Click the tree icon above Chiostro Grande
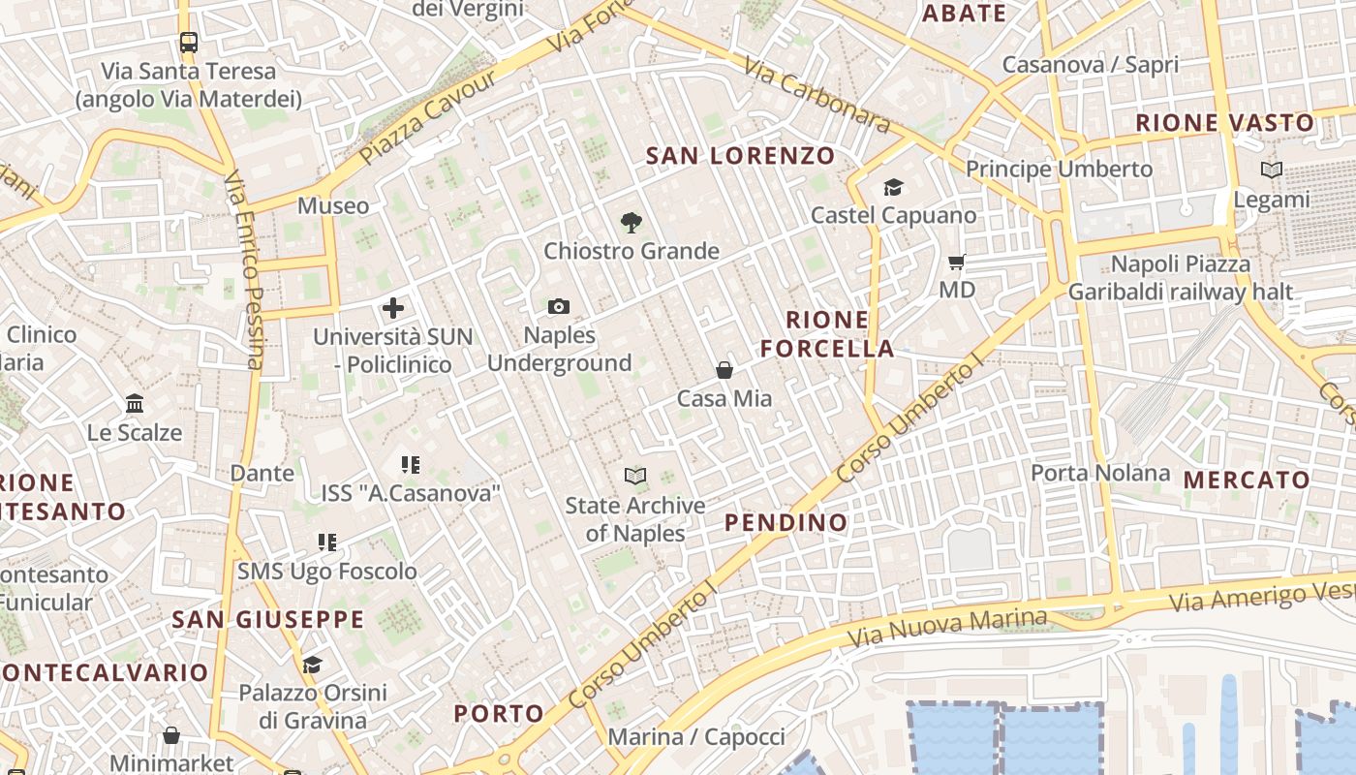pos(631,223)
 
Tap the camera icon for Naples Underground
pos(559,307)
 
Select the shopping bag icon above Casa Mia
pos(724,369)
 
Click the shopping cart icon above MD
pos(957,262)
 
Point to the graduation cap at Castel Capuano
pos(893,187)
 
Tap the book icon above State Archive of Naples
pos(635,476)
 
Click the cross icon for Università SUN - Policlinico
pos(393,308)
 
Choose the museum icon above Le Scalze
pos(135,403)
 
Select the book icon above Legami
pos(1271,170)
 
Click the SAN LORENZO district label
pos(740,155)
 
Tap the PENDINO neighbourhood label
pos(786,523)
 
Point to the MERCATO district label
pos(1247,480)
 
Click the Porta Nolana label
pos(1100,473)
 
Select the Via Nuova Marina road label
pos(947,628)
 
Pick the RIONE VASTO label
pos(1224,123)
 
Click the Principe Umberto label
pos(1059,169)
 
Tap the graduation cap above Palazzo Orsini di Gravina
pos(312,665)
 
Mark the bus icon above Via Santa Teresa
pos(189,43)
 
